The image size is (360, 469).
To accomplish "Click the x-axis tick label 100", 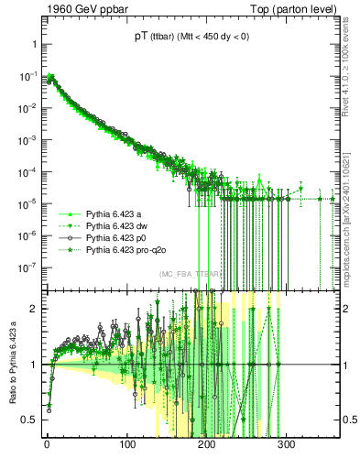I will (x=126, y=444).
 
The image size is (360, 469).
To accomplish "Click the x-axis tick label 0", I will (x=47, y=444).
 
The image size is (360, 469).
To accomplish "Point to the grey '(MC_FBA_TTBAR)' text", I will (x=191, y=275).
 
